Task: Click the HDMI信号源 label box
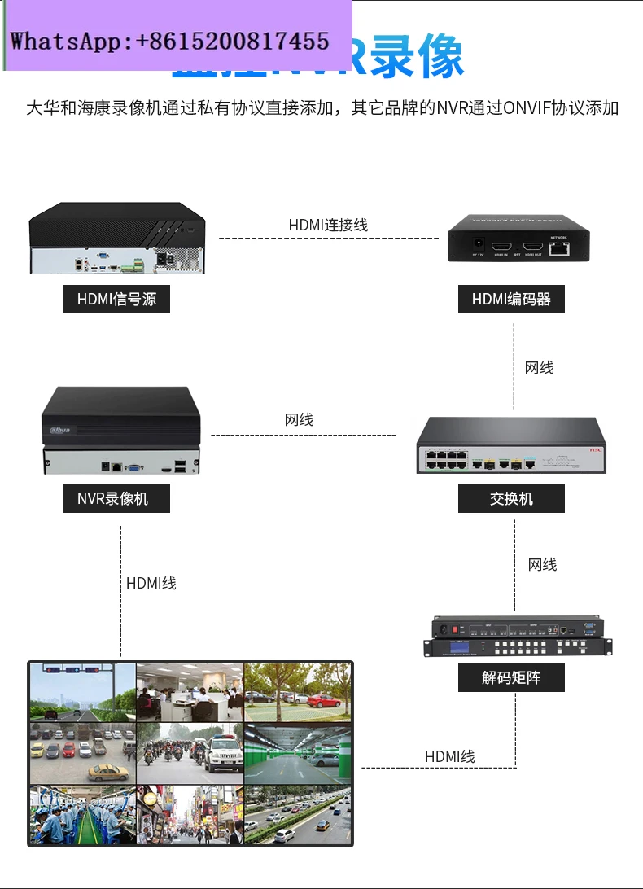tap(116, 299)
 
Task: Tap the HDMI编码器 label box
tap(511, 299)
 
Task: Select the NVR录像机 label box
tap(116, 498)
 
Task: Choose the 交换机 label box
tap(511, 498)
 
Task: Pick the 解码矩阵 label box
tap(511, 677)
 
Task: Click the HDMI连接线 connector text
tap(328, 225)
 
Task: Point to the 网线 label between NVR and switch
tap(299, 420)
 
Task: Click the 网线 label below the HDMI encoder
tap(539, 368)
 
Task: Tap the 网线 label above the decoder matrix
tap(542, 564)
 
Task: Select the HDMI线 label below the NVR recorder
tap(151, 583)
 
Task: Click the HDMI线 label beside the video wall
tap(449, 756)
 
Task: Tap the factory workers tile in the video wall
tap(81, 813)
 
